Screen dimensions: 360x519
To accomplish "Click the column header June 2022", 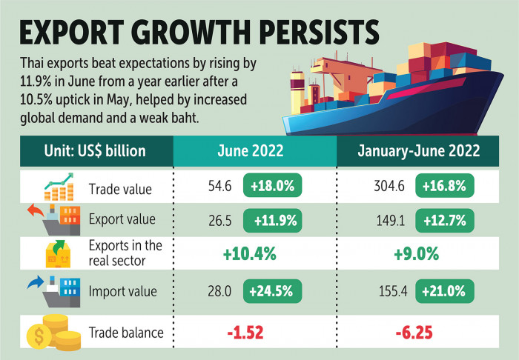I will pyautogui.click(x=254, y=151).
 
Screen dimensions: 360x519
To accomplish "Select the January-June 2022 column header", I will pyautogui.click(x=420, y=151).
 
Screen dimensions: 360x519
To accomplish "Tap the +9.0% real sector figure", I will pyautogui.click(x=420, y=253).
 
